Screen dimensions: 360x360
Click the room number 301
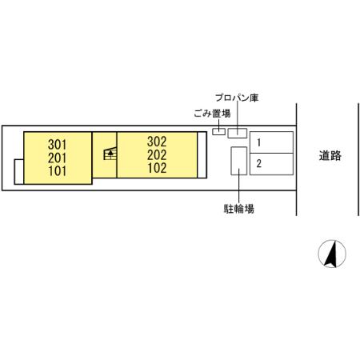coord(57,145)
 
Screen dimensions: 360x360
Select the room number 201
coord(57,158)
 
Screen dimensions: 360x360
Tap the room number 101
coord(57,171)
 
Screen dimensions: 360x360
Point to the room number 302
coord(157,142)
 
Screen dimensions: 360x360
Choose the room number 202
coord(157,155)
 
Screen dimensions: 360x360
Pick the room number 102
coord(157,168)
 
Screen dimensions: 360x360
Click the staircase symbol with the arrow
coord(110,154)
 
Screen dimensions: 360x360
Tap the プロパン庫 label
coord(237,98)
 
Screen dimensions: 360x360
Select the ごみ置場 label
coord(212,114)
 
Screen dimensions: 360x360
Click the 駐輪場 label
coord(239,209)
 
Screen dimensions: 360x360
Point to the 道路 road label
coord(330,155)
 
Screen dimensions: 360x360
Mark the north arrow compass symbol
coord(332,254)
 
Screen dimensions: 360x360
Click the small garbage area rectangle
coord(218,131)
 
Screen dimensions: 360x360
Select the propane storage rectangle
coord(238,133)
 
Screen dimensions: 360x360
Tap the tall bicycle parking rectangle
coord(239,161)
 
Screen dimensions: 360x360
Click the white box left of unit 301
coord(19,172)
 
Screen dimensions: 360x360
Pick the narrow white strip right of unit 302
coord(202,155)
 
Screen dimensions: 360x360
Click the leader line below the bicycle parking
coord(239,186)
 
